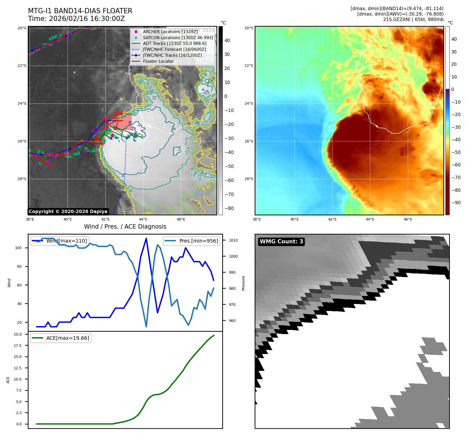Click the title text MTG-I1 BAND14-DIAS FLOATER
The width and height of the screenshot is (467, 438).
pos(80,11)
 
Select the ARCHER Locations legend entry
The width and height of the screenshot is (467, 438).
pos(170,32)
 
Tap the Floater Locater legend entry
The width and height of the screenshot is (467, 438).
pos(158,61)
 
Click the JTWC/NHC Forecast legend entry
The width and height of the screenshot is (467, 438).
pos(174,49)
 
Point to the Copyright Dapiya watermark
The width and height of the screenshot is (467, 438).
pos(68,211)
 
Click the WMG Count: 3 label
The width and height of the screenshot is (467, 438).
pos(281,242)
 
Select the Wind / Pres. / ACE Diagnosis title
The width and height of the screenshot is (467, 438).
pos(125,227)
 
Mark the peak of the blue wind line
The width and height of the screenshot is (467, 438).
pos(146,238)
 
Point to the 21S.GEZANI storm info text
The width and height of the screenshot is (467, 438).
pos(413,19)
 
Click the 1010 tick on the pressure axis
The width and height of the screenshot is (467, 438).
pos(233,240)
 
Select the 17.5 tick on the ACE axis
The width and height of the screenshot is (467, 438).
pos(18,345)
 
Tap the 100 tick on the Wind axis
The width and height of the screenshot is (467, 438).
pos(18,248)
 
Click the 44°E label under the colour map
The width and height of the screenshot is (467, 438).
pos(370,219)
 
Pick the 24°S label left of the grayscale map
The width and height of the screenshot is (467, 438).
pos(22,103)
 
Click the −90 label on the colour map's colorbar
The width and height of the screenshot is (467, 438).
pos(456,203)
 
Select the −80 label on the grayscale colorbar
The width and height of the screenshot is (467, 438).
pos(229,208)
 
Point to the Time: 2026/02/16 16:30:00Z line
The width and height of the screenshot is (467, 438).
pos(76,19)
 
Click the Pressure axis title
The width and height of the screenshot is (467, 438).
pos(243,283)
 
